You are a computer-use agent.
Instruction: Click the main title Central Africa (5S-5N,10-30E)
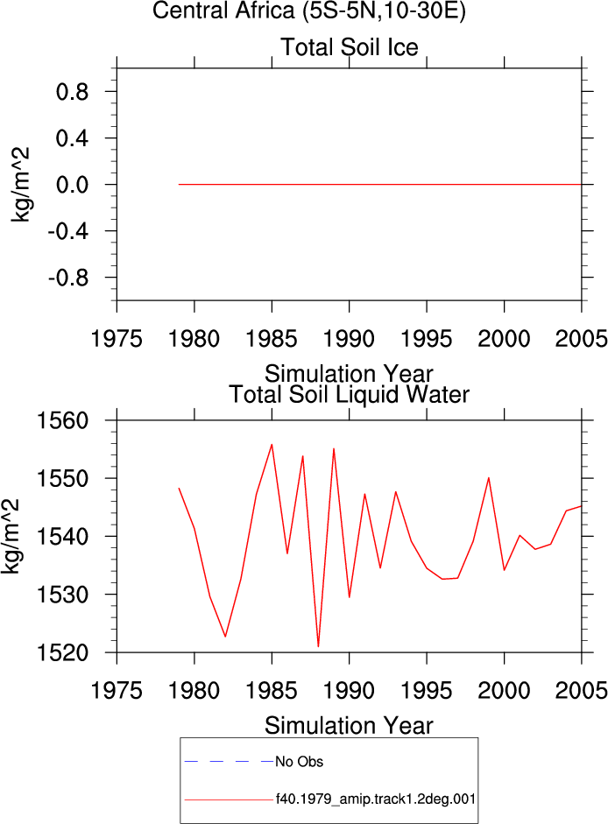[308, 11]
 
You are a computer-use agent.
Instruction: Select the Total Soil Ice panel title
[350, 47]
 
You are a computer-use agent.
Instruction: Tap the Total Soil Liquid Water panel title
[350, 394]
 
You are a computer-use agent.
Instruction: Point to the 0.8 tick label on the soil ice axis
[72, 92]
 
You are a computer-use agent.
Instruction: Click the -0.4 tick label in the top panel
[67, 230]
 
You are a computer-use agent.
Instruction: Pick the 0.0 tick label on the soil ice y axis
[72, 185]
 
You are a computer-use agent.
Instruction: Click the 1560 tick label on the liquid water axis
[62, 420]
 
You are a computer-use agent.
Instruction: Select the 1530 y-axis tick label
[62, 595]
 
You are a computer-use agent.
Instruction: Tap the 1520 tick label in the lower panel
[62, 652]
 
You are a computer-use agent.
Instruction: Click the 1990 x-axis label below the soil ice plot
[349, 338]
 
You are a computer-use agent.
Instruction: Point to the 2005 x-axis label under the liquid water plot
[581, 690]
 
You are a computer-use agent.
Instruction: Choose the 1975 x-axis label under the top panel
[117, 338]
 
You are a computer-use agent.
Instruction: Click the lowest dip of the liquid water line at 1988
[318, 646]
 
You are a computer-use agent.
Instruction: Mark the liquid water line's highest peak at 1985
[272, 445]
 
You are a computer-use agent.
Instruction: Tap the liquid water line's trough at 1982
[225, 637]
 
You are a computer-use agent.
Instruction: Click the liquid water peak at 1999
[489, 478]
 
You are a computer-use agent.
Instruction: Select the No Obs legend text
[300, 762]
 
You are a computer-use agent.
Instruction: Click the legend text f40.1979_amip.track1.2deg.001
[376, 799]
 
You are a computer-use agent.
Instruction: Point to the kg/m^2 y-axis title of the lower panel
[11, 536]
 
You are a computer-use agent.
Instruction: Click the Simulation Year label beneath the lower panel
[349, 726]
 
